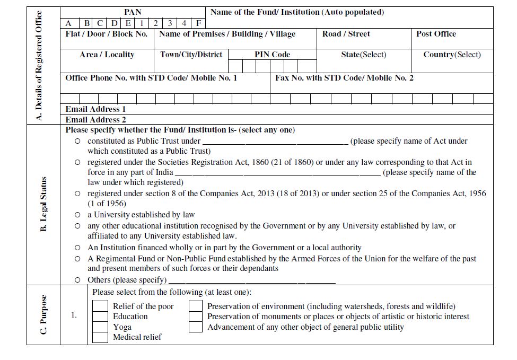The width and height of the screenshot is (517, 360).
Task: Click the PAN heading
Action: (x=133, y=12)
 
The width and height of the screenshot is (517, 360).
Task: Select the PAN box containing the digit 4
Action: (x=183, y=23)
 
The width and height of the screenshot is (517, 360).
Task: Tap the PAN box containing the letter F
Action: (x=198, y=23)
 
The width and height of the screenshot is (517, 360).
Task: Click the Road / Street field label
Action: (x=346, y=34)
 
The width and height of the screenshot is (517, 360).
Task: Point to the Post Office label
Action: (x=436, y=34)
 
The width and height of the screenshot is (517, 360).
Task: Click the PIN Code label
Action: (x=272, y=55)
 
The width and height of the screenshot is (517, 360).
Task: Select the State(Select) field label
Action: (x=364, y=55)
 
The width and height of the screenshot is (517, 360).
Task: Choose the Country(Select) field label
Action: (x=452, y=55)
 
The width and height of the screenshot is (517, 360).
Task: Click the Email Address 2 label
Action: (x=95, y=120)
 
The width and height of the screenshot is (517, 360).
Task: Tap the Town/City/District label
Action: (x=191, y=55)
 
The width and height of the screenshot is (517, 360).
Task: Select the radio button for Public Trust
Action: (x=78, y=141)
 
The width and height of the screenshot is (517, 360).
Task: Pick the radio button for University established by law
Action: (x=78, y=215)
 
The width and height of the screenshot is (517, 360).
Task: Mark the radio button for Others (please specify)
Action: (x=78, y=280)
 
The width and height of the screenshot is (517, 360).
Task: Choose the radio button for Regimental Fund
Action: (x=78, y=259)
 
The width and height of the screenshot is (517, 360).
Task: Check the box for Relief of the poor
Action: (x=100, y=306)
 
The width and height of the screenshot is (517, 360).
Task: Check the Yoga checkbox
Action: (x=100, y=327)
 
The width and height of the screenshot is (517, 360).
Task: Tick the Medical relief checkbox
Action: (x=100, y=337)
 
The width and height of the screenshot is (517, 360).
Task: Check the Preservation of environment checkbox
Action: (x=196, y=306)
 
